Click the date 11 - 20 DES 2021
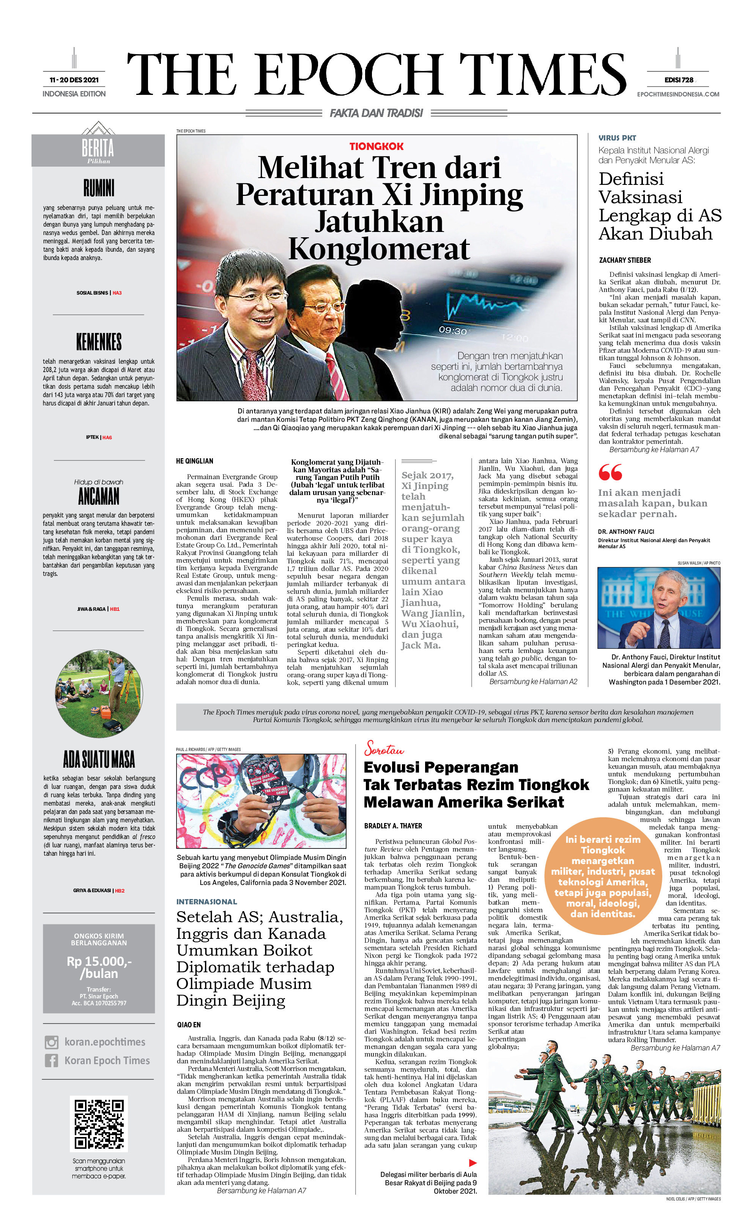tap(74, 80)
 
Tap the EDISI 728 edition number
tap(678, 80)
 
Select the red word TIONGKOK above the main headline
tap(376, 147)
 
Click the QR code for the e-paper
tap(99, 1123)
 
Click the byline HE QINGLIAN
tap(194, 461)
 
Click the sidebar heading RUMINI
tap(99, 188)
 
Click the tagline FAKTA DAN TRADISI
tap(376, 113)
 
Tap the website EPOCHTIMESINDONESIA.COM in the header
tap(678, 94)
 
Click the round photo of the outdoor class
tap(99, 694)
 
